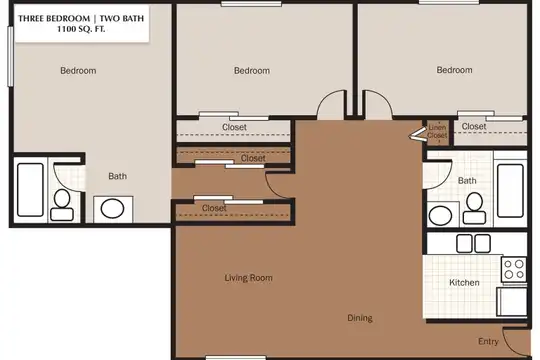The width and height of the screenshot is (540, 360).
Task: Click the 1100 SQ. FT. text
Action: coord(81,29)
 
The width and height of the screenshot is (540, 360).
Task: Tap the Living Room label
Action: coord(248,278)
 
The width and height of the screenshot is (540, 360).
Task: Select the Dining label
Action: coord(360,318)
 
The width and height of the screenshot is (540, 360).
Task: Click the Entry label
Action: coord(488,341)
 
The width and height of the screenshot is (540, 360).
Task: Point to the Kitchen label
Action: coord(464,282)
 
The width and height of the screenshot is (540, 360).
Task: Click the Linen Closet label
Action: coord(437,131)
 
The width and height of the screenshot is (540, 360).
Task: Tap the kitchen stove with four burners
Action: coord(514,269)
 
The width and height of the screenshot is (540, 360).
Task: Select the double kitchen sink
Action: coord(473,243)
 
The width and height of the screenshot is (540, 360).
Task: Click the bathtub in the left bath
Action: coord(30,190)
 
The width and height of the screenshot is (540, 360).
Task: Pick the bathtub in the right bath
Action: coord(510,191)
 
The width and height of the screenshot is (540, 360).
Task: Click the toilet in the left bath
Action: coord(62,205)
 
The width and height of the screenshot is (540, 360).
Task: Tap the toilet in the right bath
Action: coord(474,208)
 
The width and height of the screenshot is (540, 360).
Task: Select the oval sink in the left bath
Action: coord(112,209)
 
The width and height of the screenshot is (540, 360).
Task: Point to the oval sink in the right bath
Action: coord(440,215)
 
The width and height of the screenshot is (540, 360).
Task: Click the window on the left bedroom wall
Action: coord(10,56)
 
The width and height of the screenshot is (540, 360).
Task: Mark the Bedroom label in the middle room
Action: coord(252,71)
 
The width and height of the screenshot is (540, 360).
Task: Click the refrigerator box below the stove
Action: coord(511,302)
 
